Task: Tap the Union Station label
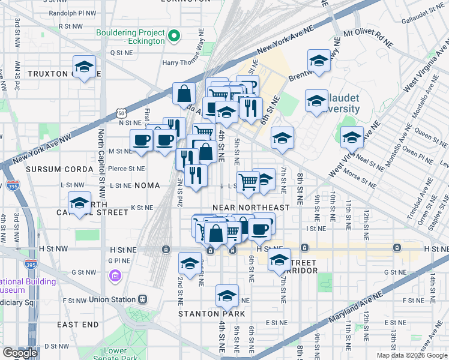(113, 299)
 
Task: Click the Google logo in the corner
(20, 353)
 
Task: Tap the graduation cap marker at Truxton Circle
(84, 67)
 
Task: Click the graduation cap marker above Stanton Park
(227, 296)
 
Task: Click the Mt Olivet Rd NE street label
(367, 39)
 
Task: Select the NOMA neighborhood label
(147, 186)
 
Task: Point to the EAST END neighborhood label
(78, 325)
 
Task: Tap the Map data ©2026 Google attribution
(411, 355)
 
